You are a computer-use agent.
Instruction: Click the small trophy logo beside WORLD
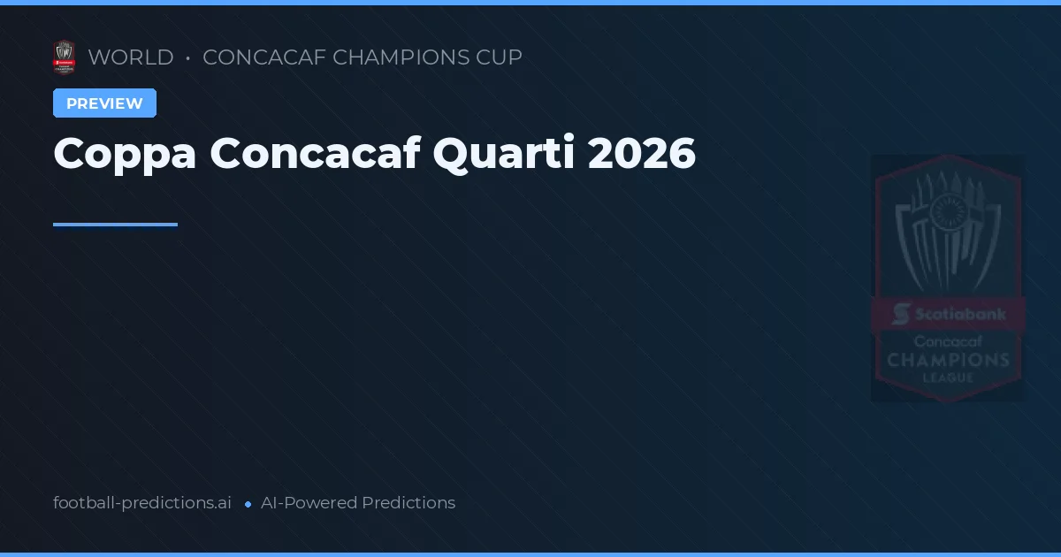(64, 57)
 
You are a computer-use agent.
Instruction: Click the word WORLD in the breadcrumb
(131, 57)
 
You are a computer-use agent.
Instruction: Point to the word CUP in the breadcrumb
(502, 57)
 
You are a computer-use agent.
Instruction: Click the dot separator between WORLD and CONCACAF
(188, 58)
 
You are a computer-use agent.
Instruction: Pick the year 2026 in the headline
(642, 154)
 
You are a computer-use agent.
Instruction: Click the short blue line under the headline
(115, 225)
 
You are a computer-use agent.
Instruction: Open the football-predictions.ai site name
(142, 503)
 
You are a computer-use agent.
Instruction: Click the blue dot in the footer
(248, 504)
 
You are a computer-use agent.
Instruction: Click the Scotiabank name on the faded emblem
(958, 314)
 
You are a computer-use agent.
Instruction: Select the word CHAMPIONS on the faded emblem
(948, 360)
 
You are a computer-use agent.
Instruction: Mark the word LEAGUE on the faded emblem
(948, 378)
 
